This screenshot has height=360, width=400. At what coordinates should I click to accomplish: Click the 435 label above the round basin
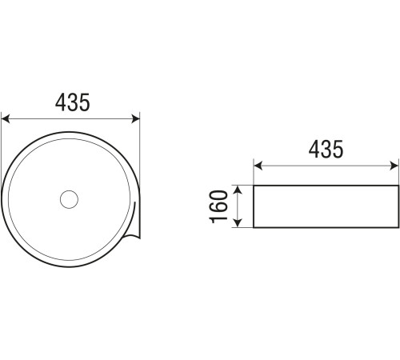[73, 102]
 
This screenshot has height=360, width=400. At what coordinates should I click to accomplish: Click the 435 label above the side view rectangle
[326, 149]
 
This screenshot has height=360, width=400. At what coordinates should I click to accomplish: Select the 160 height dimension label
[219, 206]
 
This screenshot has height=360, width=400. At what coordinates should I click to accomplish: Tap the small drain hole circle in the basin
[69, 199]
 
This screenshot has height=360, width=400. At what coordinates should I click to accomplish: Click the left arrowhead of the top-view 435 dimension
[6, 119]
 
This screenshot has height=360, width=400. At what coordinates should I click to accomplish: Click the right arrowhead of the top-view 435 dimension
[136, 119]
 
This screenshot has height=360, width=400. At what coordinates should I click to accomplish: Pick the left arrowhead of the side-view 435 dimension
[258, 166]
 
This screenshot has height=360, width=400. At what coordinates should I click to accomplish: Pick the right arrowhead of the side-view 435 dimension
[394, 166]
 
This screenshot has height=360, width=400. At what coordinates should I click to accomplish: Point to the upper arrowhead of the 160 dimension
[238, 190]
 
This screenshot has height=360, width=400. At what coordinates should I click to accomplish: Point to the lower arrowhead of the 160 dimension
[238, 223]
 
